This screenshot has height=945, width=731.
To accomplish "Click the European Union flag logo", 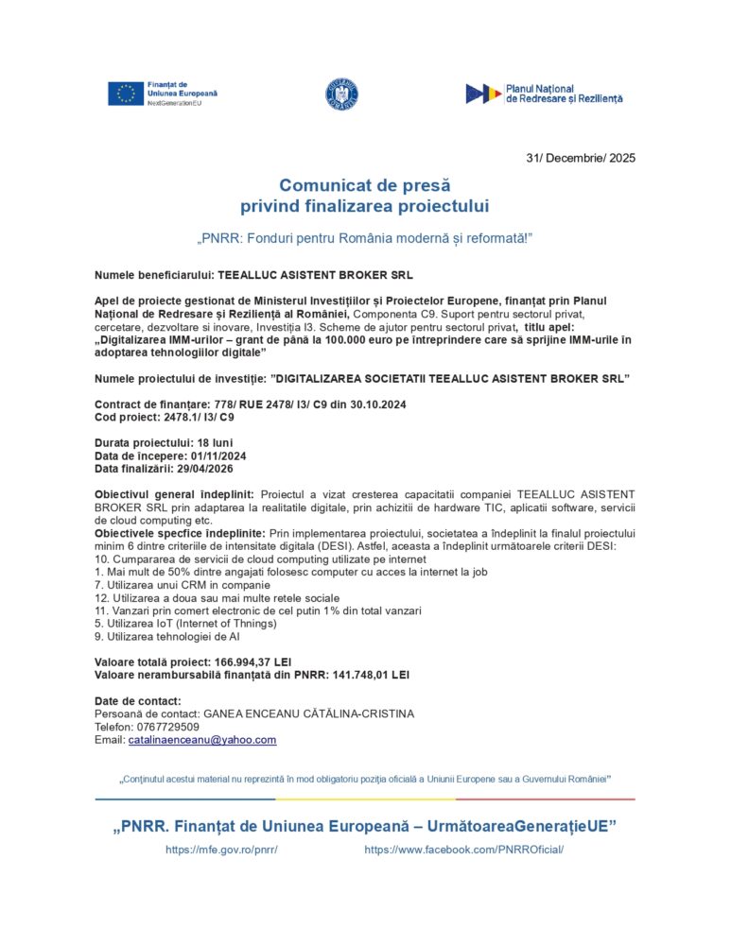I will tap(126, 93).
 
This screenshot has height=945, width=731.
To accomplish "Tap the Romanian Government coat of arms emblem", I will tap(341, 93).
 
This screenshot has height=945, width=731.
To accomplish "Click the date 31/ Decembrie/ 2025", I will tap(581, 158).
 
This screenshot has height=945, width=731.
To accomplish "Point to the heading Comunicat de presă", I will tap(364, 185).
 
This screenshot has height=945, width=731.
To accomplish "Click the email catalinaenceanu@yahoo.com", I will tap(202, 740).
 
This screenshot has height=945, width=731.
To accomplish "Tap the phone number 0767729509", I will tap(167, 727).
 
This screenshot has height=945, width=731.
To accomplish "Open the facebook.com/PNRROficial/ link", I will tap(463, 850).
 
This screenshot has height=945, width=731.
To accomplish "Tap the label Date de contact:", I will tap(138, 700).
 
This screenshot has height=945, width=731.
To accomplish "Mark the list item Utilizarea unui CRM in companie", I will tap(168, 585).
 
